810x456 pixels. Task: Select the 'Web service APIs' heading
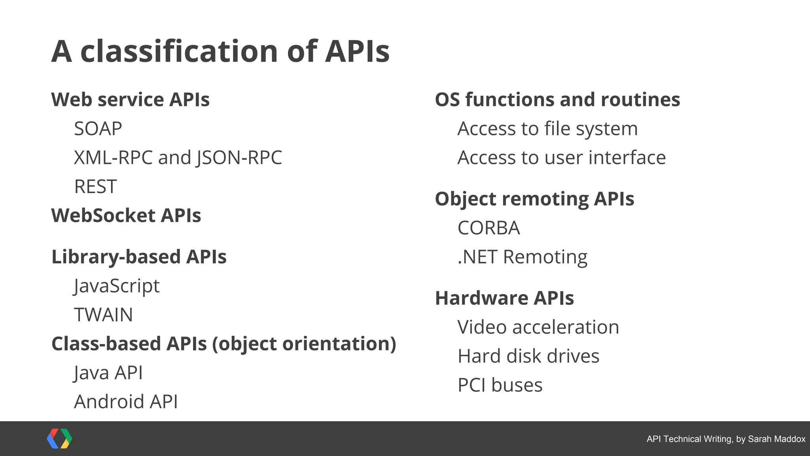tap(130, 99)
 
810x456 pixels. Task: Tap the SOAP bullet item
tap(98, 129)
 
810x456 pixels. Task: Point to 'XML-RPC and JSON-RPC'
tap(178, 158)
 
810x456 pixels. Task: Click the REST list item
tap(95, 186)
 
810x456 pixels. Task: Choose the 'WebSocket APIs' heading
tap(126, 216)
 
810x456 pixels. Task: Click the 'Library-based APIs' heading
tap(139, 257)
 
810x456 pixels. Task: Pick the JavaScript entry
tap(117, 286)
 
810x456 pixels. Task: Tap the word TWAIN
tap(103, 315)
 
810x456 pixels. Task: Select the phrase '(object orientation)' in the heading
tap(304, 344)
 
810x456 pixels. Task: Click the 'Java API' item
tap(108, 373)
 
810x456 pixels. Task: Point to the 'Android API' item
tap(126, 402)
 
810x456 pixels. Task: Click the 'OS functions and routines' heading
tap(557, 99)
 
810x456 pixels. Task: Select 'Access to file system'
tap(547, 129)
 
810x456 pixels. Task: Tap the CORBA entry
tap(488, 228)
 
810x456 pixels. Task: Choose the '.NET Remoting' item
tap(522, 257)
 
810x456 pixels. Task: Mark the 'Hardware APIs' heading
tap(504, 298)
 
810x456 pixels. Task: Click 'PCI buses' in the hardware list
tap(500, 385)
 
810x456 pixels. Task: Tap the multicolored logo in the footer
tap(59, 439)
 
